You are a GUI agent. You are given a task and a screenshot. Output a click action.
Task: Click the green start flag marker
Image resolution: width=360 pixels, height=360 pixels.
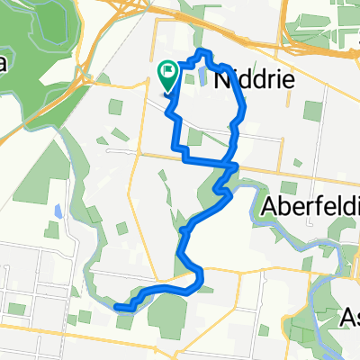[168, 73]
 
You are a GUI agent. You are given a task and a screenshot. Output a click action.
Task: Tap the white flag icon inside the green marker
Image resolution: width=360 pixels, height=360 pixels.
[168, 69]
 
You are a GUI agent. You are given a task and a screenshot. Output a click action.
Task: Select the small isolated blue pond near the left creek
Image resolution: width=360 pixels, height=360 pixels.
[58, 212]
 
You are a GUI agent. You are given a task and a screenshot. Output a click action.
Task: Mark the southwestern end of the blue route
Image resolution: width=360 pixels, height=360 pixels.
[117, 306]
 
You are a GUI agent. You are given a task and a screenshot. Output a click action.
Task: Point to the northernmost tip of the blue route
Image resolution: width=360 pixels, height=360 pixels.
[203, 52]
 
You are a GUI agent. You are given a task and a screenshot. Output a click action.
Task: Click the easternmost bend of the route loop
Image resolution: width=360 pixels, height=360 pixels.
[244, 108]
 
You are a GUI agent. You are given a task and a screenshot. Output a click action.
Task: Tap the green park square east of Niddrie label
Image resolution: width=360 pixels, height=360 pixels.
[312, 112]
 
